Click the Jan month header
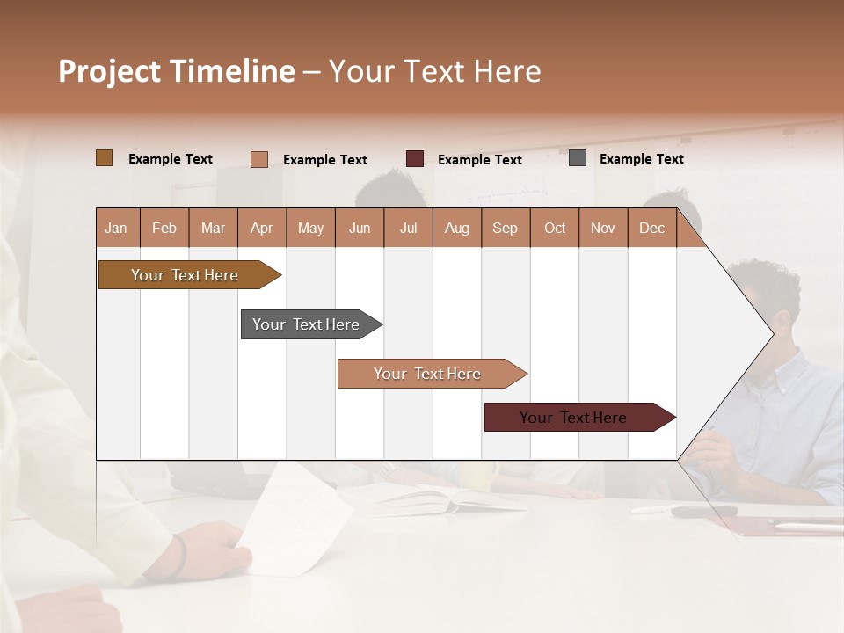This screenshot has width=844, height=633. (117, 228)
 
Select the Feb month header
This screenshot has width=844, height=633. (164, 228)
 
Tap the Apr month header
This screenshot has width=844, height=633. (262, 228)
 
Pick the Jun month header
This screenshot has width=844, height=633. (360, 228)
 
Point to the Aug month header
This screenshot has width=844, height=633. (457, 228)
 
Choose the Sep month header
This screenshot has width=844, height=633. (506, 228)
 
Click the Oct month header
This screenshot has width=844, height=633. (555, 228)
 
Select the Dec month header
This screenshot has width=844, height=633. (652, 228)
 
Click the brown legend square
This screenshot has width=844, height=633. (105, 158)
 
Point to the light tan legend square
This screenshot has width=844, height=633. (259, 159)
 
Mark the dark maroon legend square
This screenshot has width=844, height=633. (415, 159)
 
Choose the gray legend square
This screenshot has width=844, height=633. (578, 158)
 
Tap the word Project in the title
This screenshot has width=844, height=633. (111, 71)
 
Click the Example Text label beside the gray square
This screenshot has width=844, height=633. (641, 159)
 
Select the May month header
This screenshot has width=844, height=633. (310, 228)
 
